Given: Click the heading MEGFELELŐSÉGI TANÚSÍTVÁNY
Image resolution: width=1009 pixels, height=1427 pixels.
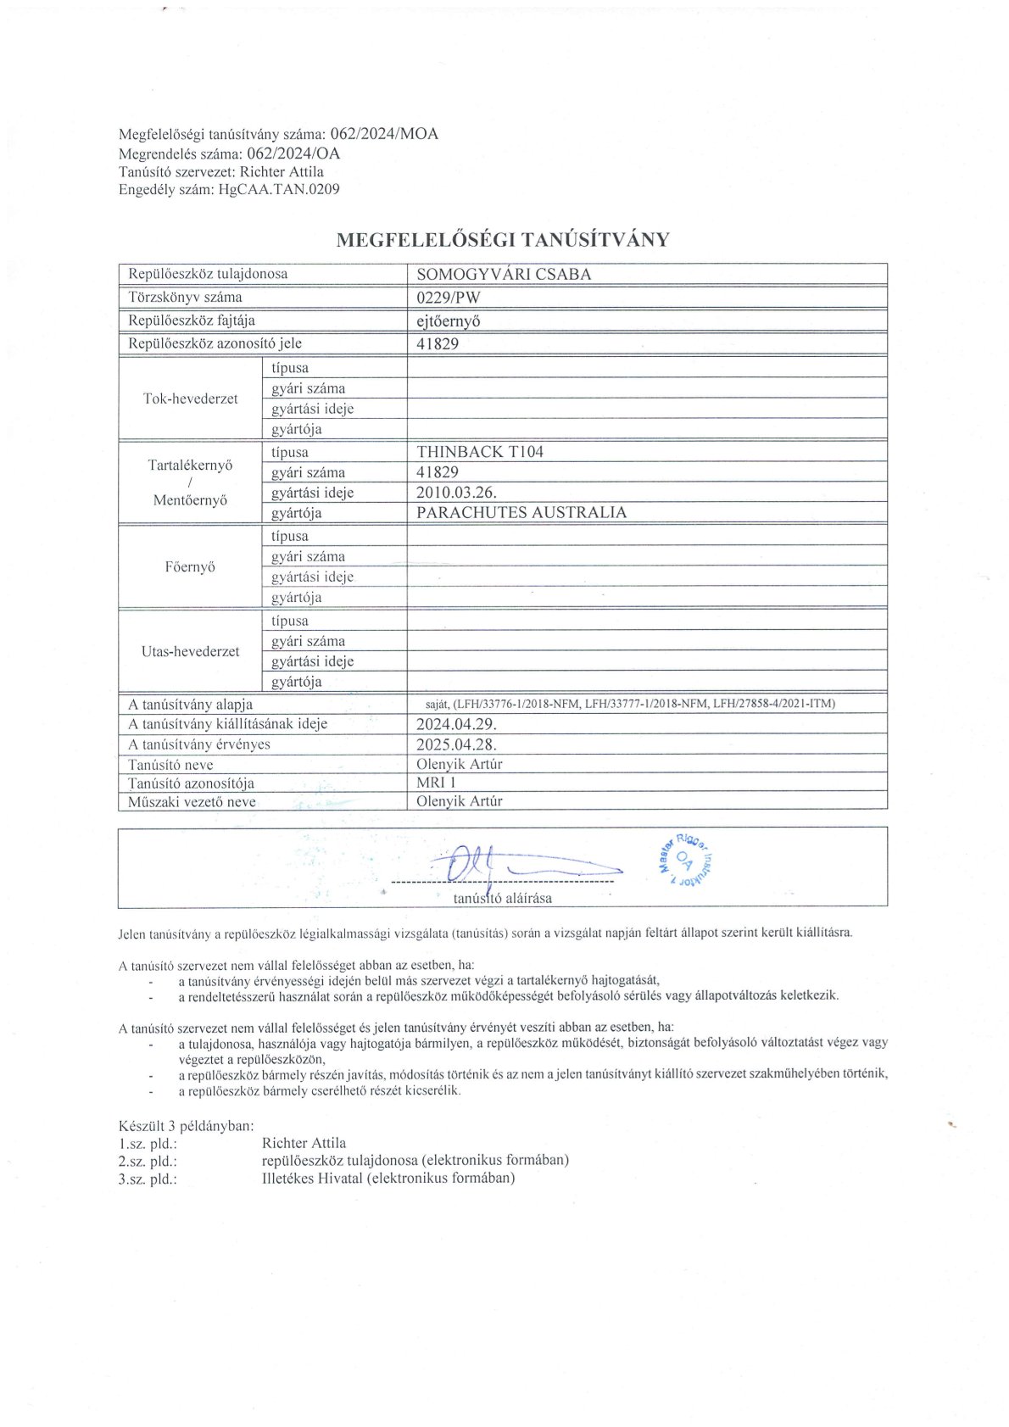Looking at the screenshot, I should tap(503, 240).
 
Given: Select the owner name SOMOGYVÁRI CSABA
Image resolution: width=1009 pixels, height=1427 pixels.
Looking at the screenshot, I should tap(504, 274).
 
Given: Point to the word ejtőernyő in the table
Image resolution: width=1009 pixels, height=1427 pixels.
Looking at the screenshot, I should tap(449, 321).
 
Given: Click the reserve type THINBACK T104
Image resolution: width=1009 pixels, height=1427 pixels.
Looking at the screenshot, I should tap(480, 452).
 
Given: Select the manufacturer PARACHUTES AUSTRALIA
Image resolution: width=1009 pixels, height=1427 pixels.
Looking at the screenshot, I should tap(521, 512).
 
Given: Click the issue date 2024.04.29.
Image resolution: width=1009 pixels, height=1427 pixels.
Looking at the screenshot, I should tap(456, 724).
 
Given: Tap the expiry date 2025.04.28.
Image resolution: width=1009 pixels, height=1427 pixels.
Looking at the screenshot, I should tap(456, 744).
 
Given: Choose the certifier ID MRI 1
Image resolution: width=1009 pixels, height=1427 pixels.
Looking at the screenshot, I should tap(436, 783).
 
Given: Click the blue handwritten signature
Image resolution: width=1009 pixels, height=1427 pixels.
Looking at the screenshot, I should tap(509, 865).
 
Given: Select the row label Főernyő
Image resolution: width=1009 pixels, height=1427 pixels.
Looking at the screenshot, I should tap(190, 566).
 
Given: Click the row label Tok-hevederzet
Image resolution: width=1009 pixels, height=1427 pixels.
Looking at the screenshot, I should tap(190, 399).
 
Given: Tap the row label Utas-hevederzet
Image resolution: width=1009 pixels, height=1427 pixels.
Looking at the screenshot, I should tap(190, 651).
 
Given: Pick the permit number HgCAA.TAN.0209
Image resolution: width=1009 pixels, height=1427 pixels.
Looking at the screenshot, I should tap(279, 189).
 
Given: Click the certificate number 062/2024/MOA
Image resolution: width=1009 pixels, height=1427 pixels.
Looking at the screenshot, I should tap(383, 134).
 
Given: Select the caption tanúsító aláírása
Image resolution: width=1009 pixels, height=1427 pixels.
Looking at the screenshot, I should tap(502, 898).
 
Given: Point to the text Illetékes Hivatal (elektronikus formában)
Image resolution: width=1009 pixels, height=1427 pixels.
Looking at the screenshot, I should tap(388, 1178).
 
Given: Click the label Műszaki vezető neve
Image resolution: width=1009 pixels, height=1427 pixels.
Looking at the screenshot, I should tap(192, 802).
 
